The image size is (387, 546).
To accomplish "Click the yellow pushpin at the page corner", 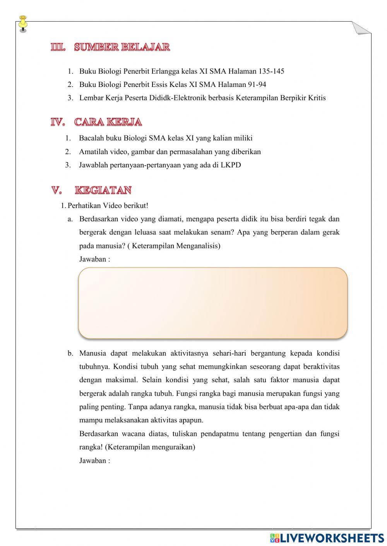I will tap(23, 22).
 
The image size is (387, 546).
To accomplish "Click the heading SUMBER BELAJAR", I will tap(122, 47).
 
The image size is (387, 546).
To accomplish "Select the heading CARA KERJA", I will tap(108, 122).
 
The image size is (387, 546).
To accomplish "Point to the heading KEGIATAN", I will tap(103, 190).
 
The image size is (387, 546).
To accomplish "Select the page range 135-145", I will tap(271, 71).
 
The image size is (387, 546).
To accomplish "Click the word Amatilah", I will tap(93, 151).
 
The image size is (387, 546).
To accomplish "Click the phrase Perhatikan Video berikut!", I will tap(108, 206).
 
